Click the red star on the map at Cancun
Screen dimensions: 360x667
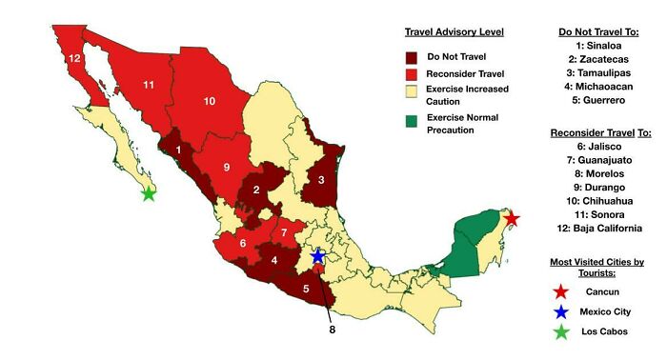[x=511, y=219]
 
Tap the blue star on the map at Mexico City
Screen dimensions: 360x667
[x=319, y=254]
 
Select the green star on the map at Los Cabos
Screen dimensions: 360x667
[x=149, y=193]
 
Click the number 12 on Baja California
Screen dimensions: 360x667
[x=73, y=59]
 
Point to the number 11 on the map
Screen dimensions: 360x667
[x=148, y=85]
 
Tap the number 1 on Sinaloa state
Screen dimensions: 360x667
[x=178, y=149]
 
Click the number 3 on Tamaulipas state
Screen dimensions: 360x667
[x=322, y=179]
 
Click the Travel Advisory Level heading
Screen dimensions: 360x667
[x=455, y=31]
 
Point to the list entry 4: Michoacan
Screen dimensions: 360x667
[x=598, y=86]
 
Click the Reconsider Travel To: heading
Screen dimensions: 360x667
[x=598, y=132]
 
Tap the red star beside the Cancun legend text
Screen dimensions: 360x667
[x=562, y=290]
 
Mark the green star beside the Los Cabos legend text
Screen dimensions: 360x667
[x=562, y=331]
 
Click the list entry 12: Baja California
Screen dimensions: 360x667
[x=598, y=228]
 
